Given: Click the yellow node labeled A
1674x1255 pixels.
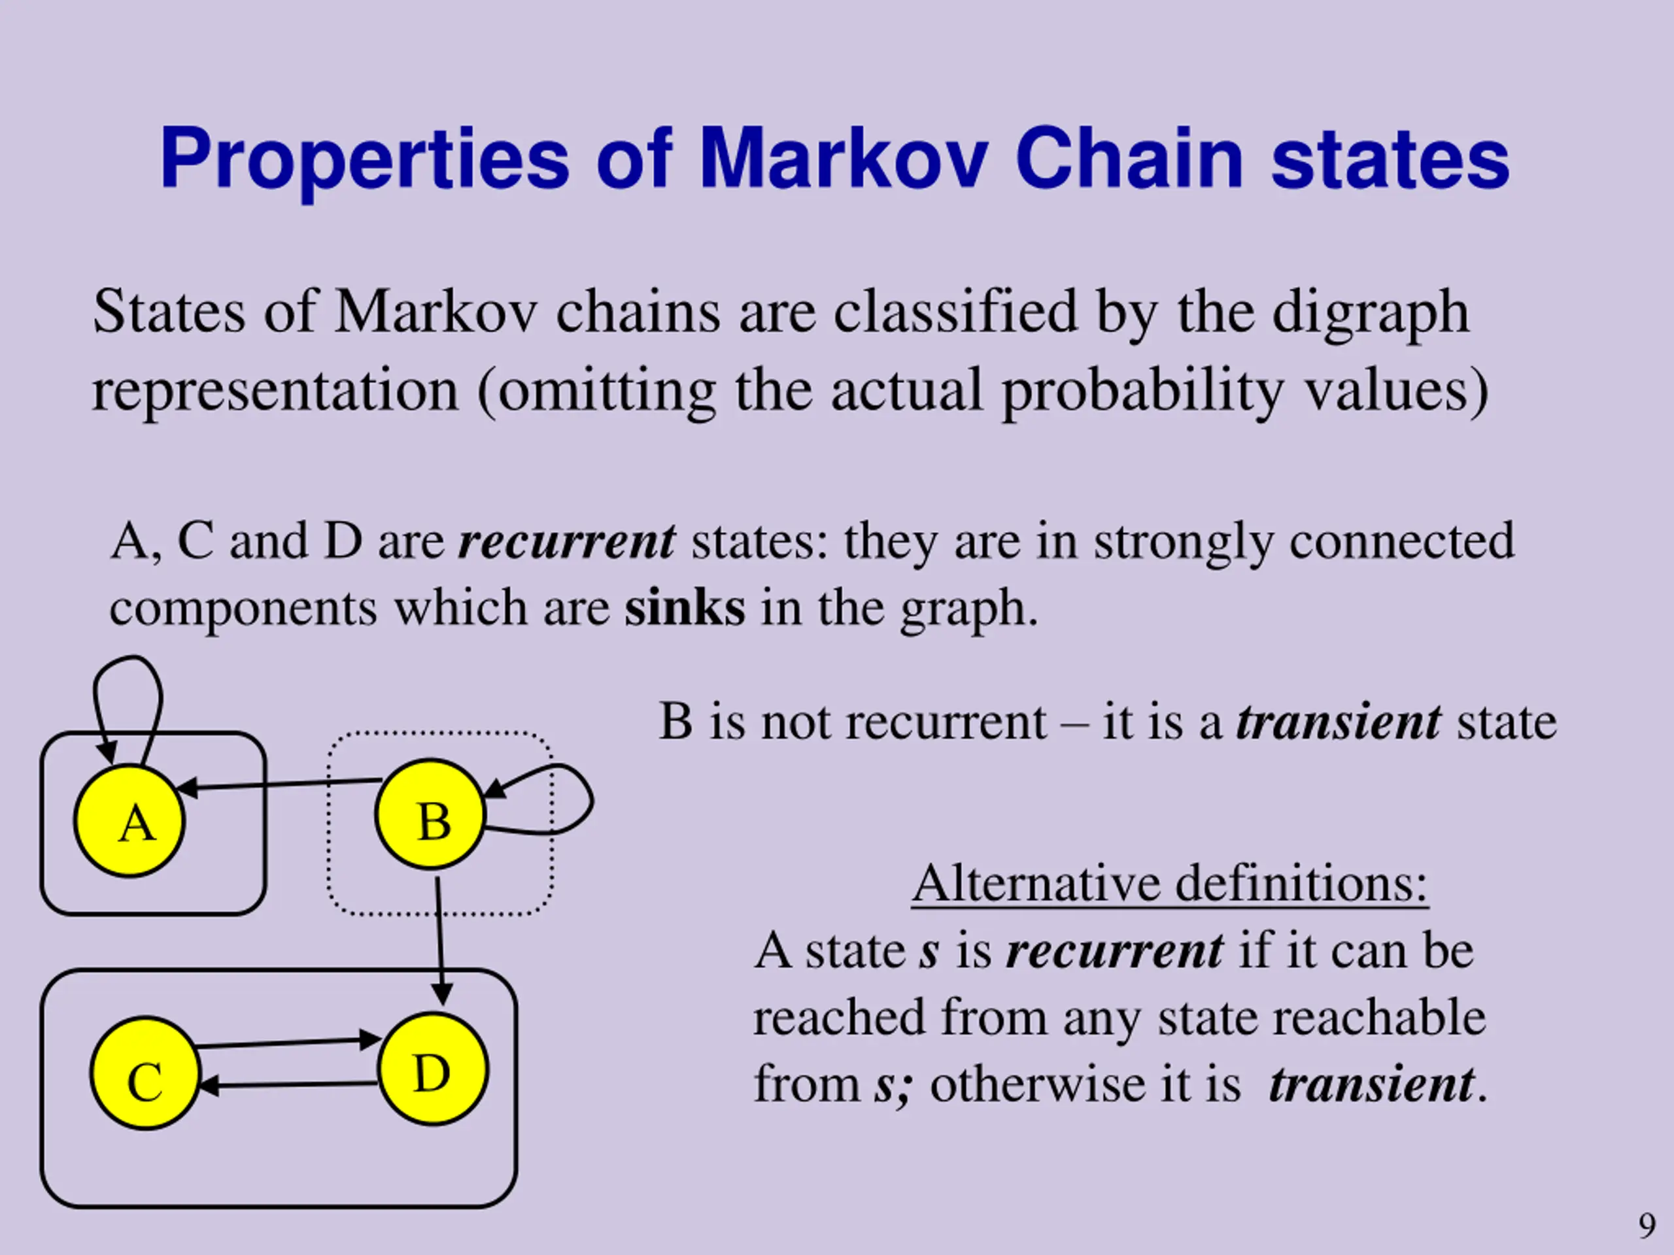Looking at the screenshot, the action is [x=129, y=821].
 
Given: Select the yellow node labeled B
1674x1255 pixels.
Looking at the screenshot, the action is [x=430, y=814].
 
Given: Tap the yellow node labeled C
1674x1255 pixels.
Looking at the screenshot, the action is [x=145, y=1073].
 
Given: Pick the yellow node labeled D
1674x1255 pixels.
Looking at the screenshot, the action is [x=433, y=1069].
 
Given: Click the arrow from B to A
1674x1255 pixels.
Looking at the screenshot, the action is [x=280, y=784].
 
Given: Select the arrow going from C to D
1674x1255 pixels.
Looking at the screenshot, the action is [x=288, y=1043].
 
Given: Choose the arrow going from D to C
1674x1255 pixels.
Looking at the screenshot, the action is [x=288, y=1086].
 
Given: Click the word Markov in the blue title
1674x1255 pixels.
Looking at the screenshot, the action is [x=843, y=159].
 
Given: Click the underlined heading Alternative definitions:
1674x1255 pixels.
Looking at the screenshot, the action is [x=1169, y=883].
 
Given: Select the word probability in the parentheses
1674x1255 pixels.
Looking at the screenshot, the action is [x=1142, y=392].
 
